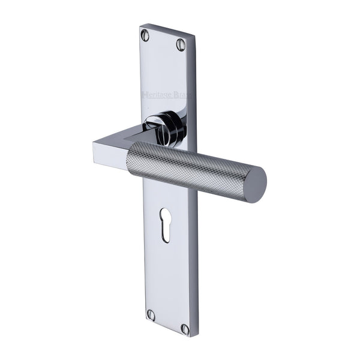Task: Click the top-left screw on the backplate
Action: (145, 35)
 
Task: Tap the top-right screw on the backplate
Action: (181, 44)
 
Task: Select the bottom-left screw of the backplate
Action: (151, 315)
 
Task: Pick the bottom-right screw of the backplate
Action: (185, 328)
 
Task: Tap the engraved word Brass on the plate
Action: (179, 95)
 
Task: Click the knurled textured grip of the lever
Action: (192, 168)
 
